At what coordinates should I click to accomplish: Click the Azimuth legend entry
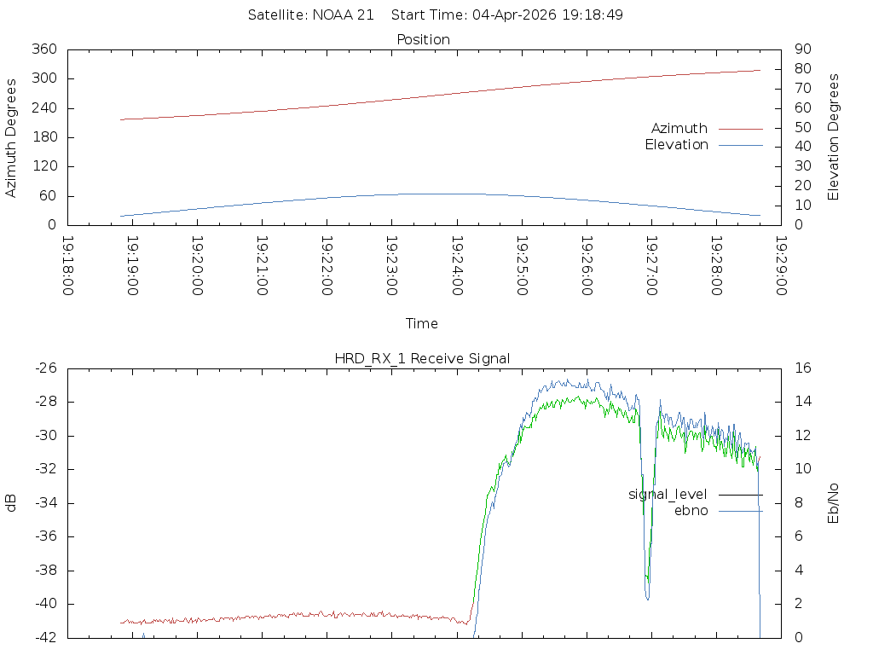[679, 129]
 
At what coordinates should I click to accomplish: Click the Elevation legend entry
[676, 145]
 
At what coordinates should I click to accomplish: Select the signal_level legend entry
[668, 495]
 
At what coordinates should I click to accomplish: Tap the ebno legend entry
[691, 511]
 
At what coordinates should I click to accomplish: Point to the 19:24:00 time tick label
[457, 265]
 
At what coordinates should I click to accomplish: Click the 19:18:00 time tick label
[68, 265]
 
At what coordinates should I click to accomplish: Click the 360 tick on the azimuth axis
[43, 49]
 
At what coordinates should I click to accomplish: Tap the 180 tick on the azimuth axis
[43, 137]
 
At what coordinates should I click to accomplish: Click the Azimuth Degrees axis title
[11, 137]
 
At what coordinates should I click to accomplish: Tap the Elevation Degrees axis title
[834, 137]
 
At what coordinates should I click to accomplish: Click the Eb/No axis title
[834, 503]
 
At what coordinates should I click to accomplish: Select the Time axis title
[422, 324]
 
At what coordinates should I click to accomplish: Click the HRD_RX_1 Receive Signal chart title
[423, 358]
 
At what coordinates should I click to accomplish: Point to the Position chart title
[423, 39]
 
